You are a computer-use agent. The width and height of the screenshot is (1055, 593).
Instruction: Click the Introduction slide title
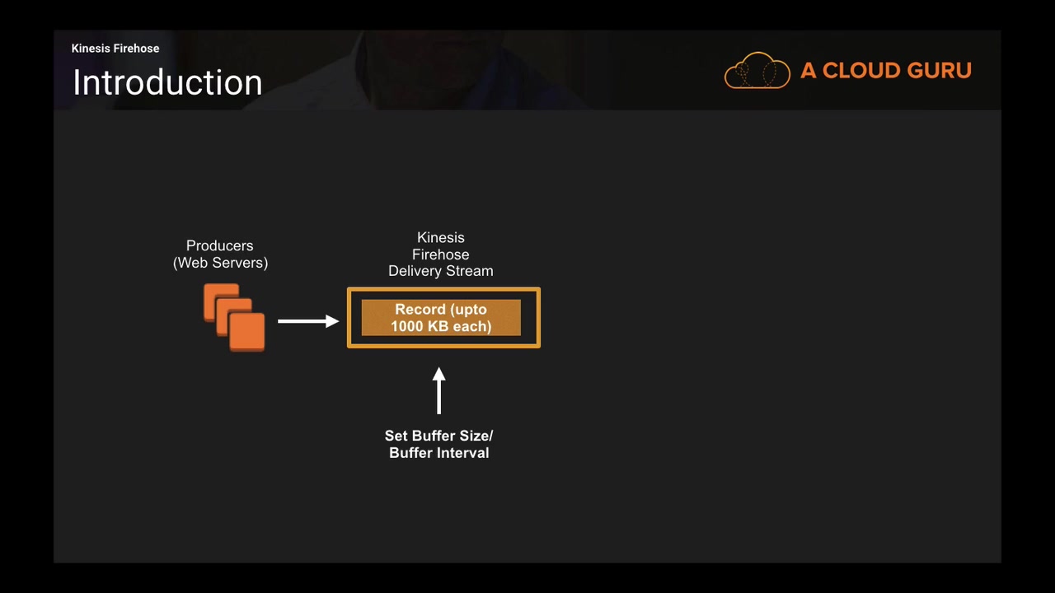(x=167, y=83)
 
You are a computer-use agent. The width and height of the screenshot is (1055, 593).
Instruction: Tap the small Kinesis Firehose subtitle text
(x=115, y=49)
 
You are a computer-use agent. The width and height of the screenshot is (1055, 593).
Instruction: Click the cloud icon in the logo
(x=757, y=71)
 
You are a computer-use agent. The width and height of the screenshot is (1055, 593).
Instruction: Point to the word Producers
(x=219, y=245)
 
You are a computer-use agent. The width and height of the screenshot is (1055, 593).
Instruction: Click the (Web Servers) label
(x=220, y=263)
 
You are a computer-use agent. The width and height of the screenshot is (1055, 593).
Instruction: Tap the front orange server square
(x=247, y=332)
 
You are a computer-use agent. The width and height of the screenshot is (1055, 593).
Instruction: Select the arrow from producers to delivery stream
(x=307, y=320)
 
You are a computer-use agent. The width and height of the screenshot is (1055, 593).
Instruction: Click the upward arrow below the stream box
(x=438, y=390)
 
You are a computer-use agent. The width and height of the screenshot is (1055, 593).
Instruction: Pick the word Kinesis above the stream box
(x=441, y=237)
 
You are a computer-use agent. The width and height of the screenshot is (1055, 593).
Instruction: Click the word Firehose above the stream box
(x=441, y=254)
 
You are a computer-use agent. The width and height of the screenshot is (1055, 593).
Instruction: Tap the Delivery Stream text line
(x=441, y=271)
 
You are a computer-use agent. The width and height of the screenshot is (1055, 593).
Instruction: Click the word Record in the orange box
(x=420, y=310)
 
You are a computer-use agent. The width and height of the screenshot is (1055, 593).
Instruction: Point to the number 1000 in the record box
(x=406, y=327)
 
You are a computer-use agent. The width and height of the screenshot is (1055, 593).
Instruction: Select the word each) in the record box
(x=471, y=327)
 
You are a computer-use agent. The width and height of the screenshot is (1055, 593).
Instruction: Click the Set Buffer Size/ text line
(x=438, y=436)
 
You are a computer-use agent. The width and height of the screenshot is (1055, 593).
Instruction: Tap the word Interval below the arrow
(x=462, y=453)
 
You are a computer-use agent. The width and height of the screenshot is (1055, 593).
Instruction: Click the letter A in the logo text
(x=808, y=71)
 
